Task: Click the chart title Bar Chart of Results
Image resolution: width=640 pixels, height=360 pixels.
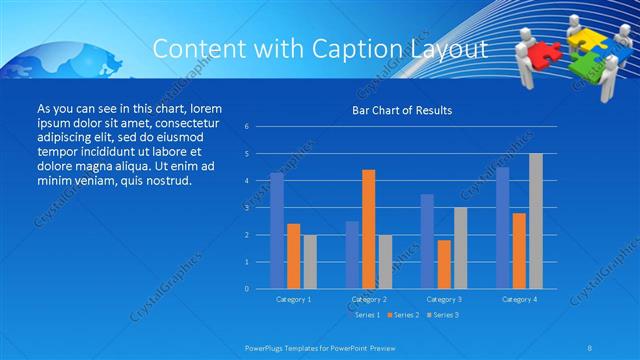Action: pyautogui.click(x=401, y=110)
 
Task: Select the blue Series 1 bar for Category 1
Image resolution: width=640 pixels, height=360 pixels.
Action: pyautogui.click(x=277, y=230)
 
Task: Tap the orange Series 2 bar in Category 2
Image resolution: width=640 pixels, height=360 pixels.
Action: pyautogui.click(x=369, y=229)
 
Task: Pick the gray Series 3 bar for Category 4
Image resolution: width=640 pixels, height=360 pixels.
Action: pyautogui.click(x=536, y=221)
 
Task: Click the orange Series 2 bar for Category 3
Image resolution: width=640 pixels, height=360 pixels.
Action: pyautogui.click(x=444, y=264)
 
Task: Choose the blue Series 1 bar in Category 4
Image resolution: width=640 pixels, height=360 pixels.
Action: pyautogui.click(x=502, y=228)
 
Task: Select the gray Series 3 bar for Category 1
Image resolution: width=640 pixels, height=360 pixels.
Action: pyautogui.click(x=310, y=261)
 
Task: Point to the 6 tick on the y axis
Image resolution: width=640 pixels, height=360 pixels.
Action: pyautogui.click(x=246, y=127)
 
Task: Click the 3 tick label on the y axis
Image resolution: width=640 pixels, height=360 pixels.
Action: pyautogui.click(x=246, y=208)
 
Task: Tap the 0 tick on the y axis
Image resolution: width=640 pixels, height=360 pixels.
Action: pyautogui.click(x=246, y=289)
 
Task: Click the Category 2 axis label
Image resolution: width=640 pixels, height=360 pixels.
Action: pyautogui.click(x=368, y=299)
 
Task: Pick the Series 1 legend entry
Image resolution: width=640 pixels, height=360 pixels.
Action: pyautogui.click(x=365, y=314)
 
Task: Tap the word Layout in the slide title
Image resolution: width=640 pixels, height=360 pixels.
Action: pyautogui.click(x=449, y=48)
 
